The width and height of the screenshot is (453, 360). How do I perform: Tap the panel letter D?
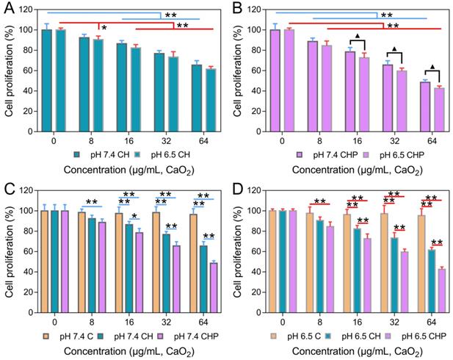[x=237, y=188]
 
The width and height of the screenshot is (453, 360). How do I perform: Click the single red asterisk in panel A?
[x=104, y=29]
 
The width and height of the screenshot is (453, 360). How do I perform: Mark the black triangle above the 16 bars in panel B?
[x=357, y=37]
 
